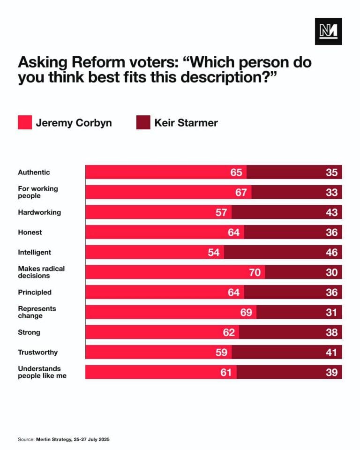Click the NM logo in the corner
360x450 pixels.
pos(328,31)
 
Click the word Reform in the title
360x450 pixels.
pos(90,63)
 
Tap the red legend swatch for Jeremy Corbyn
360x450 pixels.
pos(24,123)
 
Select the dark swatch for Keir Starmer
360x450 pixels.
pos(143,123)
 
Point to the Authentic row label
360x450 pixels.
pos(34,172)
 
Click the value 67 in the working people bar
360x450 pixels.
pos(241,192)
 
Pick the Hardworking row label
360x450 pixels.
pos(39,212)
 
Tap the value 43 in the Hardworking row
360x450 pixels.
pos(332,212)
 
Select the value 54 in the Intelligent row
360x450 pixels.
pos(214,252)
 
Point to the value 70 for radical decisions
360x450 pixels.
pos(255,272)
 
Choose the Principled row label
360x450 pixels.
pos(35,292)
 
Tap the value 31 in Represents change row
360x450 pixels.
pos(332,312)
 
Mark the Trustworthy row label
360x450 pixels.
pos(37,352)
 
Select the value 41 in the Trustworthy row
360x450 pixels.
pos(332,352)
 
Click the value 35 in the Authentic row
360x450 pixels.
pos(332,172)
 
